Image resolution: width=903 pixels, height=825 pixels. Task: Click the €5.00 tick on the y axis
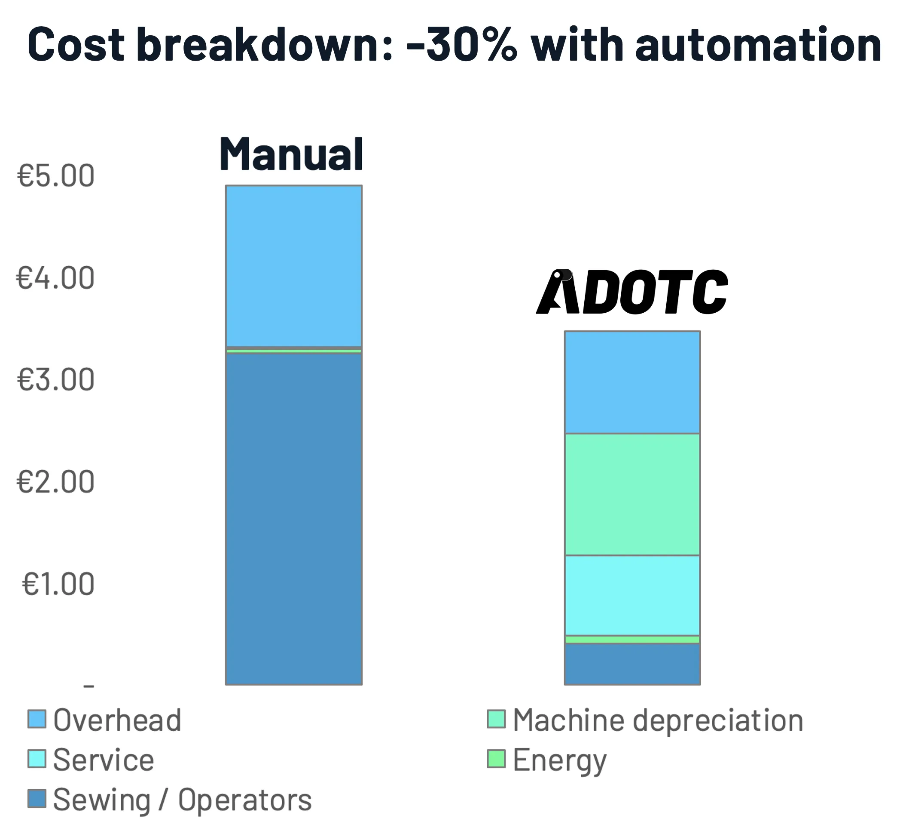(56, 175)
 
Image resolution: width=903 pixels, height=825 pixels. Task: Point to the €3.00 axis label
(56, 380)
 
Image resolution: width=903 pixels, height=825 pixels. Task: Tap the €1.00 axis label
(58, 584)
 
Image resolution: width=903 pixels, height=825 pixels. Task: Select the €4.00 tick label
(56, 277)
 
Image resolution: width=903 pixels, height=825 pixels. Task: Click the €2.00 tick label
(56, 482)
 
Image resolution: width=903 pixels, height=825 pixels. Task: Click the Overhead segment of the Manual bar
(293, 266)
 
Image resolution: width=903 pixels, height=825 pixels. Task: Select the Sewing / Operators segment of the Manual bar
(293, 518)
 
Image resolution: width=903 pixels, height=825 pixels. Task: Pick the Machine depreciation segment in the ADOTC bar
(632, 494)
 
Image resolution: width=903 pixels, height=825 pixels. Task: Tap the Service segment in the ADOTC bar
(632, 595)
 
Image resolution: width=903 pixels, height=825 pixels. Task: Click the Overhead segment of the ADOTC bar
(632, 382)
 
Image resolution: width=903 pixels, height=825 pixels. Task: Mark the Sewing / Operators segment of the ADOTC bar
(632, 664)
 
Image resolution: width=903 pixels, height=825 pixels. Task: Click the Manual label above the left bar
(291, 154)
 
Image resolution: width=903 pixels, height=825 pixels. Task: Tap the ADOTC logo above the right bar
(631, 292)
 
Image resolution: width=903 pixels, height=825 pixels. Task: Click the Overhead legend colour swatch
(37, 719)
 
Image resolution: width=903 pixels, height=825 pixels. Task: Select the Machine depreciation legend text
(658, 720)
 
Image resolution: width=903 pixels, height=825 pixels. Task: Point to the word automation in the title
(758, 45)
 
